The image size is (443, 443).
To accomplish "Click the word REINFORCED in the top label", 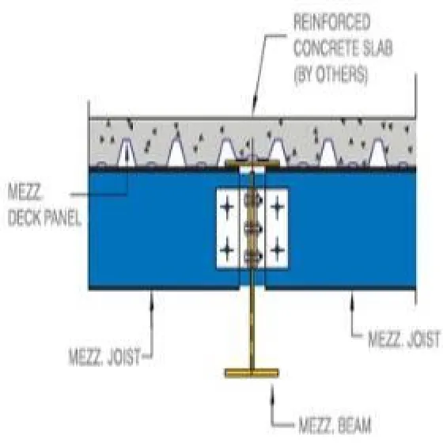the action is tap(332, 22).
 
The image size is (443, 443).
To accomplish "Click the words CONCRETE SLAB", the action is tap(343, 48).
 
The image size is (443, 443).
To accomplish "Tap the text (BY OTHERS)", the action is tap(331, 74).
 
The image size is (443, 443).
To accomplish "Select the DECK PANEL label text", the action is tap(44, 218).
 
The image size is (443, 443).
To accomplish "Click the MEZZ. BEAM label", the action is tap(335, 426).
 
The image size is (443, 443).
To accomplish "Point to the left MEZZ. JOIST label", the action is tap(104, 357).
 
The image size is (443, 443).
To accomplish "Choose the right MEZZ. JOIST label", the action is tap(404, 339).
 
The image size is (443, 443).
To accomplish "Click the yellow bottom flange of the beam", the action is tap(252, 373).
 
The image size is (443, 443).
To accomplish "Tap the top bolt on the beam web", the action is tap(252, 200).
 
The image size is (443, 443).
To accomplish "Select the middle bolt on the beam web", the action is tap(252, 229).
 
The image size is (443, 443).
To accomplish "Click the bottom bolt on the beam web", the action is tap(252, 256).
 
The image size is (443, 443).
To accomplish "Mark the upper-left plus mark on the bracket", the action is tap(227, 206).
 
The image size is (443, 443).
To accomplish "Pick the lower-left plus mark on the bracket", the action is tap(227, 250).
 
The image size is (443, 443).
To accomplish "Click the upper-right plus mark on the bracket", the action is tap(278, 206).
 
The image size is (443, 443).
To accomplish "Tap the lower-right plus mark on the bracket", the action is tap(278, 250).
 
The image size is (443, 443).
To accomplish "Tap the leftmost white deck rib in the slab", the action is tap(127, 153).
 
